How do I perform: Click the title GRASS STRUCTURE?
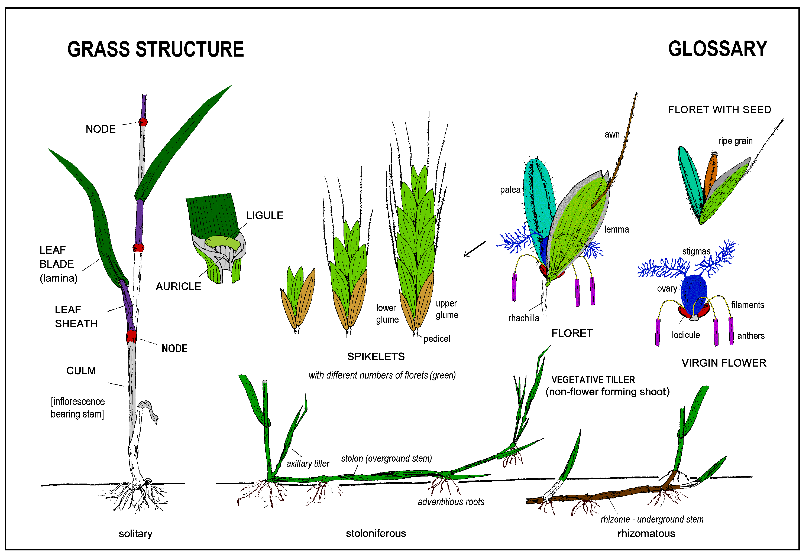pyautogui.click(x=155, y=49)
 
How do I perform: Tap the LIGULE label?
pyautogui.click(x=264, y=215)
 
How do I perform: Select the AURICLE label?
pyautogui.click(x=178, y=286)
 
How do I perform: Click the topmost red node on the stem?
pyautogui.click(x=143, y=122)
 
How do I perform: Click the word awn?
pyautogui.click(x=612, y=135)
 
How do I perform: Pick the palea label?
pyautogui.click(x=510, y=190)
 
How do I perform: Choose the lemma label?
pyautogui.click(x=616, y=230)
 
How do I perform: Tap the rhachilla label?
pyautogui.click(x=523, y=318)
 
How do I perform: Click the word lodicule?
pyautogui.click(x=685, y=335)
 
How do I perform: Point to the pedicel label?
pyautogui.click(x=436, y=339)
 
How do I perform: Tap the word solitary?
pyautogui.click(x=135, y=534)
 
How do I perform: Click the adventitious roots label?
pyautogui.click(x=451, y=502)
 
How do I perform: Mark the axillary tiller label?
pyautogui.click(x=308, y=464)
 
